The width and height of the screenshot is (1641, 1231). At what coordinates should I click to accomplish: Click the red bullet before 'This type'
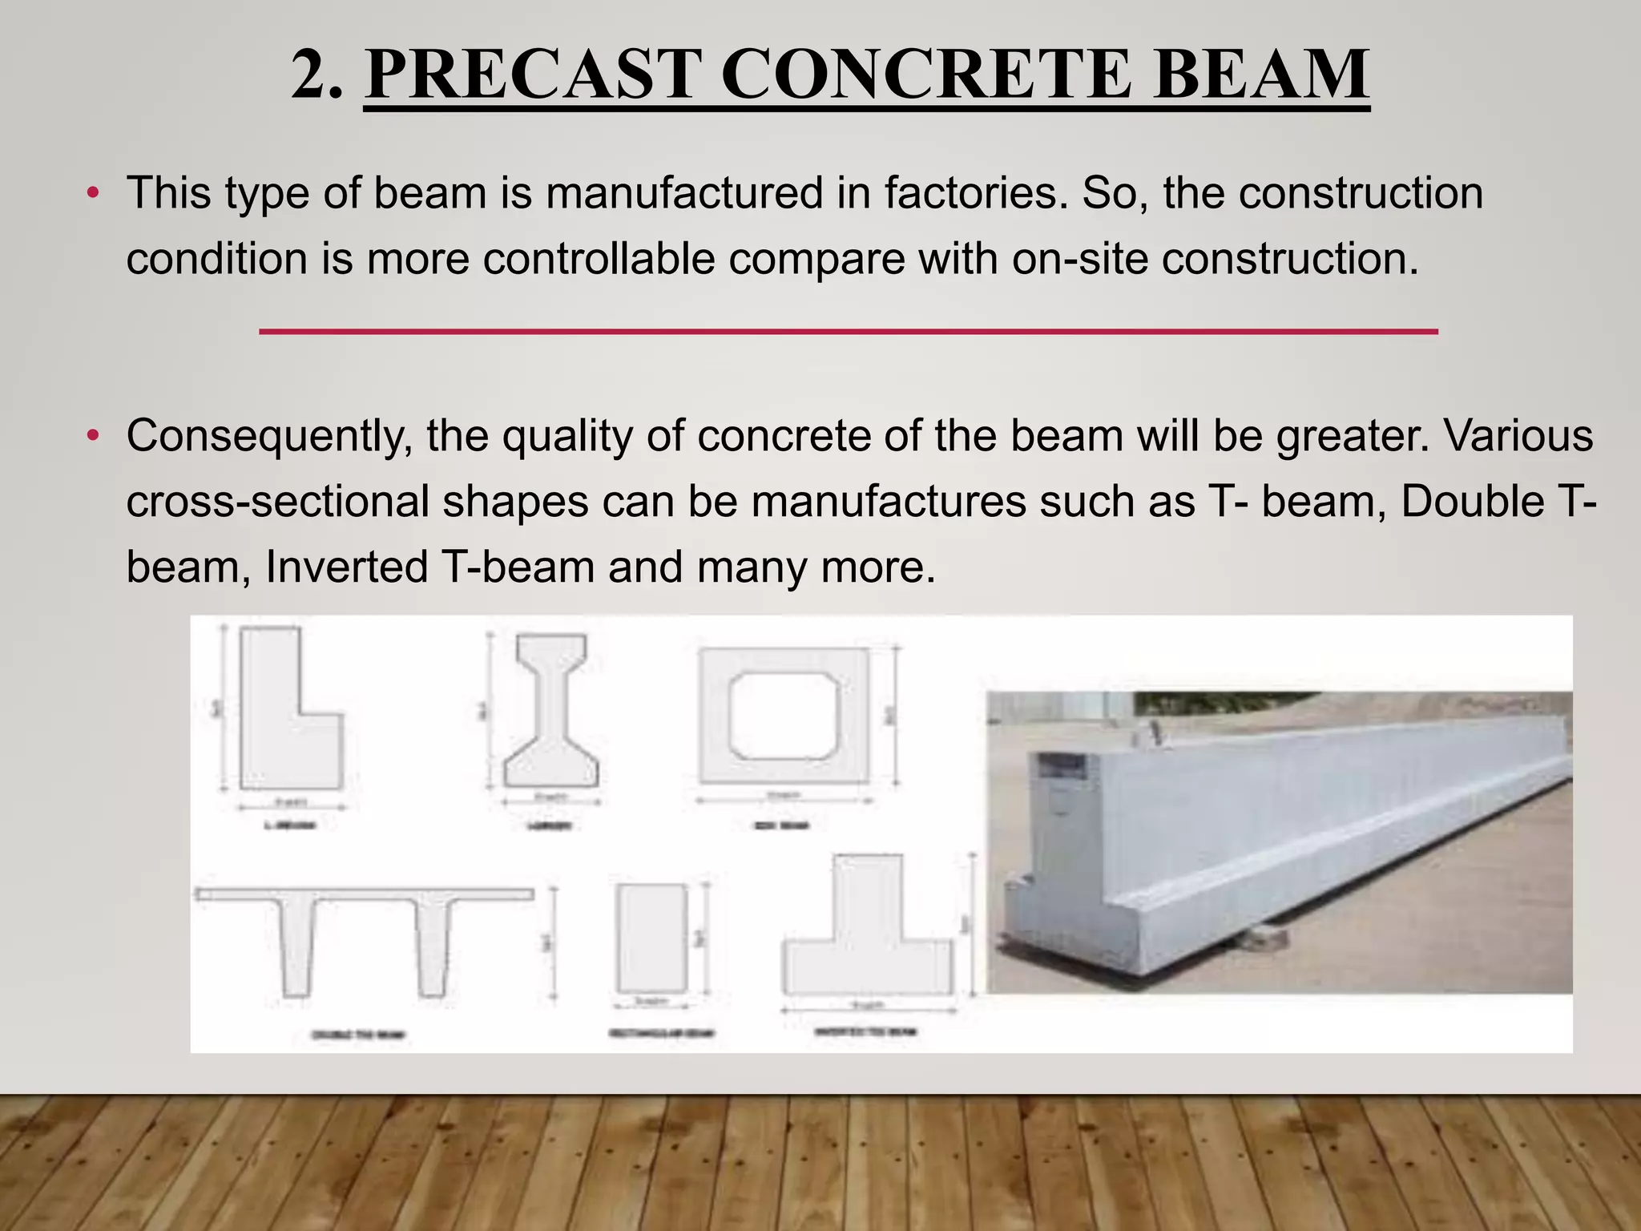pyautogui.click(x=94, y=194)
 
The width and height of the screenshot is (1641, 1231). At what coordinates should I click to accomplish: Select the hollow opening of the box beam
pyautogui.click(x=784, y=716)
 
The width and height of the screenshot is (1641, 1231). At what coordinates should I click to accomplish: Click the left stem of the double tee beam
pyautogui.click(x=296, y=946)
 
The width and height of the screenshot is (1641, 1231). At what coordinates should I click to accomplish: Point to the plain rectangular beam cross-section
pyautogui.click(x=651, y=938)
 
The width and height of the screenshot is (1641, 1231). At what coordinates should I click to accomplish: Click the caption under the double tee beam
pyautogui.click(x=357, y=1035)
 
